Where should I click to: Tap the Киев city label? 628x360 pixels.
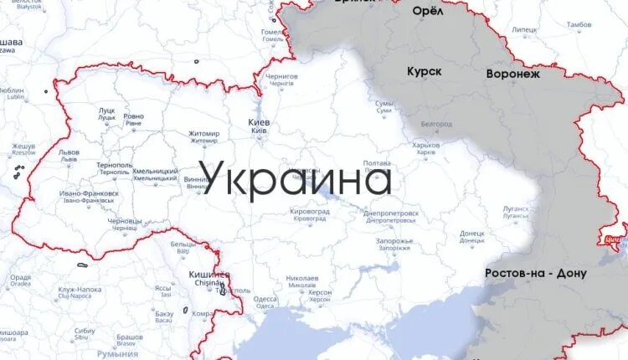click(259, 123)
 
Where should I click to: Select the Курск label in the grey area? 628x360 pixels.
click(425, 72)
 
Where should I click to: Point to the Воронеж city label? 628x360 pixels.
click(513, 74)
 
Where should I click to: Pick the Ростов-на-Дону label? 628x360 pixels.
click(536, 274)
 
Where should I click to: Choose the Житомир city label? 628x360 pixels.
click(204, 134)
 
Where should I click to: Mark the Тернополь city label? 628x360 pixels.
click(114, 166)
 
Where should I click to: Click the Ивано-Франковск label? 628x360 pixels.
click(89, 193)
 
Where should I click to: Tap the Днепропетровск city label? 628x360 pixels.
click(391, 213)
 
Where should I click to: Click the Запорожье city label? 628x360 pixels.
click(394, 241)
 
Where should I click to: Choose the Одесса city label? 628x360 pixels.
click(265, 298)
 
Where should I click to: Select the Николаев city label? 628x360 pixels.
click(301, 278)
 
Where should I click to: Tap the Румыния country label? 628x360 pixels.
click(117, 353)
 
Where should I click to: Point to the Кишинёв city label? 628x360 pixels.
click(209, 275)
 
